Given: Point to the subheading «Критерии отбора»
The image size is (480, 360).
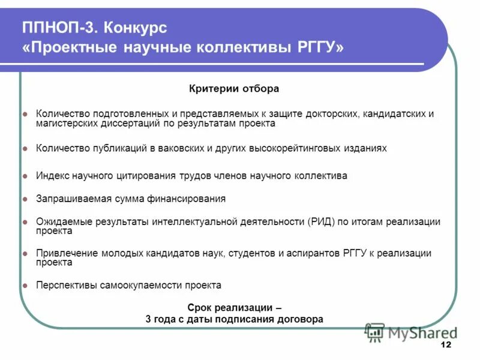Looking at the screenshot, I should point(234,89).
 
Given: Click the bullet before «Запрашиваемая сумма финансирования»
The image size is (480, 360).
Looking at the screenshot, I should point(25,199).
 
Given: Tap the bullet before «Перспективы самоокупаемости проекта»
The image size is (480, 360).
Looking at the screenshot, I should point(25,286).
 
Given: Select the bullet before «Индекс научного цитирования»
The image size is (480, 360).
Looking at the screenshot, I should point(25,176).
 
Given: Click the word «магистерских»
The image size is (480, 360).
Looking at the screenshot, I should point(65,123).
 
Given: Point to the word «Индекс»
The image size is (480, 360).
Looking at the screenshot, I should point(52,176).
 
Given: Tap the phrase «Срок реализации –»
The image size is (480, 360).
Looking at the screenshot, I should point(235,308).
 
